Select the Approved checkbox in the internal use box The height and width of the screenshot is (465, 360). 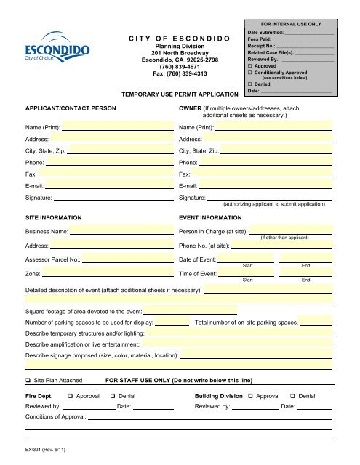(x=250, y=67)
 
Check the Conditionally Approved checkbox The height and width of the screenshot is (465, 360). (x=250, y=74)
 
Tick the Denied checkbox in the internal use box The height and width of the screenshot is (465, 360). (x=250, y=84)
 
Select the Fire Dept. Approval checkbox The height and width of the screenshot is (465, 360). (x=69, y=395)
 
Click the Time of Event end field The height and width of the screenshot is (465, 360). (x=306, y=273)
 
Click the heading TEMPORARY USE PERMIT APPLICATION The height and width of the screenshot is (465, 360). (x=179, y=94)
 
